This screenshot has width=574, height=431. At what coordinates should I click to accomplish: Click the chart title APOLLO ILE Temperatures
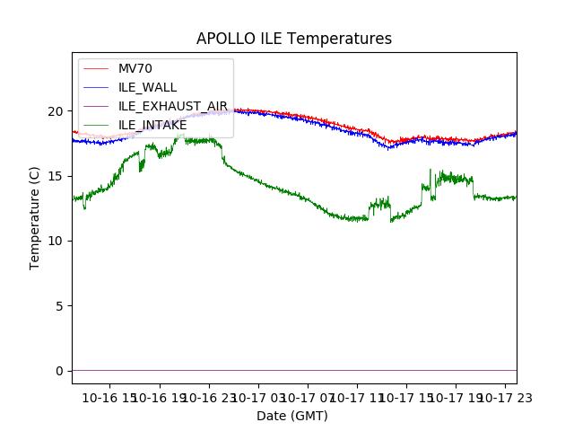click(x=294, y=40)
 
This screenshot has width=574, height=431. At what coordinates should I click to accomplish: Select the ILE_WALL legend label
click(x=148, y=87)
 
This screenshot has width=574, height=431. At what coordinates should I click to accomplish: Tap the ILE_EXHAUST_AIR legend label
click(x=173, y=106)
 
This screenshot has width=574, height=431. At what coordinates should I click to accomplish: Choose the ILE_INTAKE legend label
click(x=152, y=125)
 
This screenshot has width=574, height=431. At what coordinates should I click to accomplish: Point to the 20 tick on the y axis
click(x=57, y=111)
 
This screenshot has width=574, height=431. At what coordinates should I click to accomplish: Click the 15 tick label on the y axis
click(x=57, y=176)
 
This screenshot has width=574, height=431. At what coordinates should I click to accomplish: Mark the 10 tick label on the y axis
click(x=57, y=241)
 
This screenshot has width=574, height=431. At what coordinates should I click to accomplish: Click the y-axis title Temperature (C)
click(x=35, y=217)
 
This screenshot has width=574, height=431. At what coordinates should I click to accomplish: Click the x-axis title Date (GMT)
click(x=292, y=416)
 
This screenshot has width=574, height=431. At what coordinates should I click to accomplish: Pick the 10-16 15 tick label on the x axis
click(x=109, y=397)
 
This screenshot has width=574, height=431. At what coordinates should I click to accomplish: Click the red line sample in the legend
click(x=95, y=69)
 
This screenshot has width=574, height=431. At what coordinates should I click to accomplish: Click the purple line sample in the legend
click(x=95, y=106)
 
